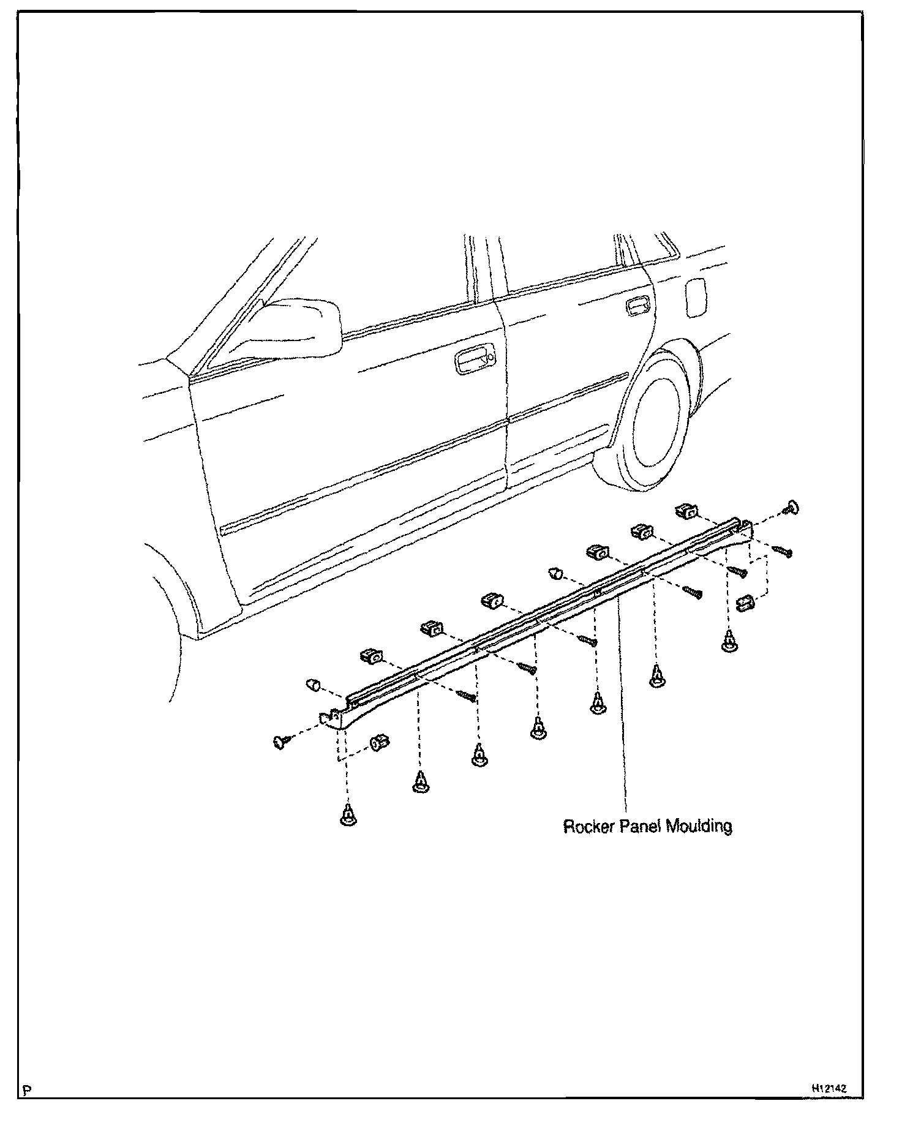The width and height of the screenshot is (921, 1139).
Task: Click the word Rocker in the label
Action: point(589,827)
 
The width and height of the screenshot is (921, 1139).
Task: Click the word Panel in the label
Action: point(640,827)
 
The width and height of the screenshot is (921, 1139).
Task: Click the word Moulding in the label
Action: point(699,827)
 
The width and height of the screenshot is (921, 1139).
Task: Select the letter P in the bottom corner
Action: point(26,1090)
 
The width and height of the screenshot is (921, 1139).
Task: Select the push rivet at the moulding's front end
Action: point(281,742)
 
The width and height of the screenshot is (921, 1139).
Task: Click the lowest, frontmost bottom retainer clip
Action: point(348,816)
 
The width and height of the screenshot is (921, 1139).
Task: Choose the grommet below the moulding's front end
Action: point(380,742)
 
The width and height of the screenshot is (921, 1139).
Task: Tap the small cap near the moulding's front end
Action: point(312,683)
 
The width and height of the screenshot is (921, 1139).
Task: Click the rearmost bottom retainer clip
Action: point(729,642)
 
